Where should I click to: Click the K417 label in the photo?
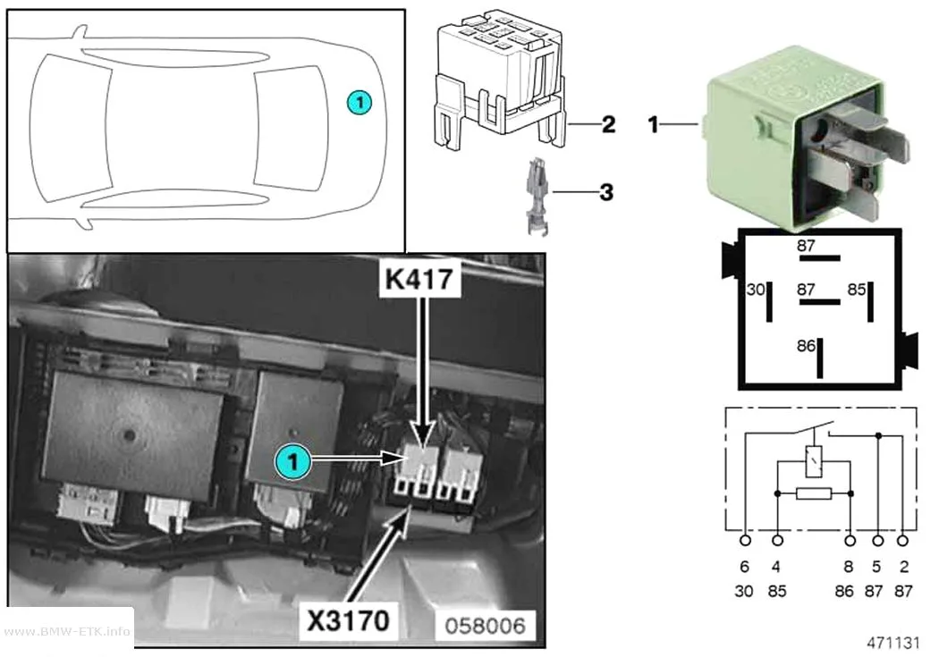tap(419, 278)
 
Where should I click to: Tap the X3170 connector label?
tap(348, 620)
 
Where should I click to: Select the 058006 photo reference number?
tap(485, 626)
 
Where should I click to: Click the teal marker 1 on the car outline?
tap(360, 102)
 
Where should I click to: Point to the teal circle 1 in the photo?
tap(292, 462)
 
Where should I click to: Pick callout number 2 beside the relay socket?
tap(608, 124)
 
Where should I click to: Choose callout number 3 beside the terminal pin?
tap(606, 192)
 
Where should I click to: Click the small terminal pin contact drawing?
tap(536, 196)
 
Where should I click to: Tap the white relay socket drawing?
tap(499, 78)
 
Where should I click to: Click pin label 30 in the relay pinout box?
tap(756, 290)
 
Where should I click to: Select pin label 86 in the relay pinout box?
tap(806, 346)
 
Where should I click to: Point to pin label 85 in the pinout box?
tap(857, 290)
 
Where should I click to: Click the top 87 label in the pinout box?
tap(806, 246)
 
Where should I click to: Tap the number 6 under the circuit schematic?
tap(744, 567)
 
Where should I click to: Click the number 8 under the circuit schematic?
tap(848, 567)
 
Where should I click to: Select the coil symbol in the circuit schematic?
tap(813, 461)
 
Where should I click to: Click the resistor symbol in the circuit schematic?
tap(814, 493)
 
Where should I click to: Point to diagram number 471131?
tap(892, 643)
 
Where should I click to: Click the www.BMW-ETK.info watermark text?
tap(67, 631)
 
